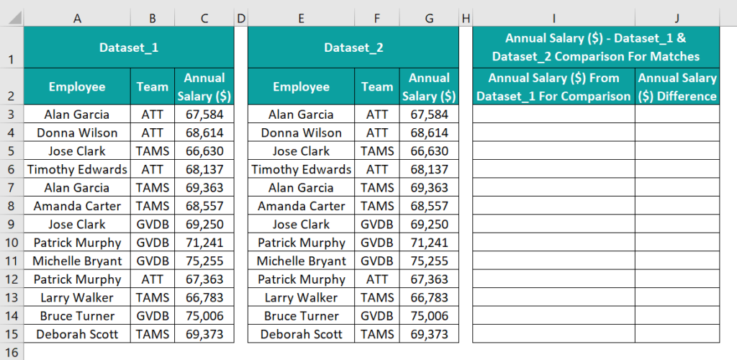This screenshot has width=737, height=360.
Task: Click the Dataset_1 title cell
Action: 128,48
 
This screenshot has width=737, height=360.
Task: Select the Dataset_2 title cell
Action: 353,48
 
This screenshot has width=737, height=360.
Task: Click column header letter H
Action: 466,17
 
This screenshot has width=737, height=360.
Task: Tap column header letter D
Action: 241,17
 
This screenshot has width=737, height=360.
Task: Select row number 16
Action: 12,352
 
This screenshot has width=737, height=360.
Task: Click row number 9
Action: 12,224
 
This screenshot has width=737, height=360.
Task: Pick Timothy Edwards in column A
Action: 77,169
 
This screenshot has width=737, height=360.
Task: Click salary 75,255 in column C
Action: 204,261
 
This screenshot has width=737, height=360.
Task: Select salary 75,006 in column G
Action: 429,316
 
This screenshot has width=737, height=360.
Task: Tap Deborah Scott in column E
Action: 301,334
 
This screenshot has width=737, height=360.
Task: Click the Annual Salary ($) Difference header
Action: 677,87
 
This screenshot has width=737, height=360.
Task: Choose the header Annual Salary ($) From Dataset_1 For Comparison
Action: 553,87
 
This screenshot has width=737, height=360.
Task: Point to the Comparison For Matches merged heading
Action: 596,48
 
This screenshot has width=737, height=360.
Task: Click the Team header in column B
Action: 153,87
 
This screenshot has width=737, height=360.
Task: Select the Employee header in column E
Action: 301,87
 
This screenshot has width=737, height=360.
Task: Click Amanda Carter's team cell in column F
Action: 377,206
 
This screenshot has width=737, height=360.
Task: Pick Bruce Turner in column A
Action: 77,316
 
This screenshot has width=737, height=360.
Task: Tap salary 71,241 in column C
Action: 204,243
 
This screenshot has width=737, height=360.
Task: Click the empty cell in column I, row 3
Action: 553,114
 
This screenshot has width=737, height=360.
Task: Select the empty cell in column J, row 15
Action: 677,334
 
